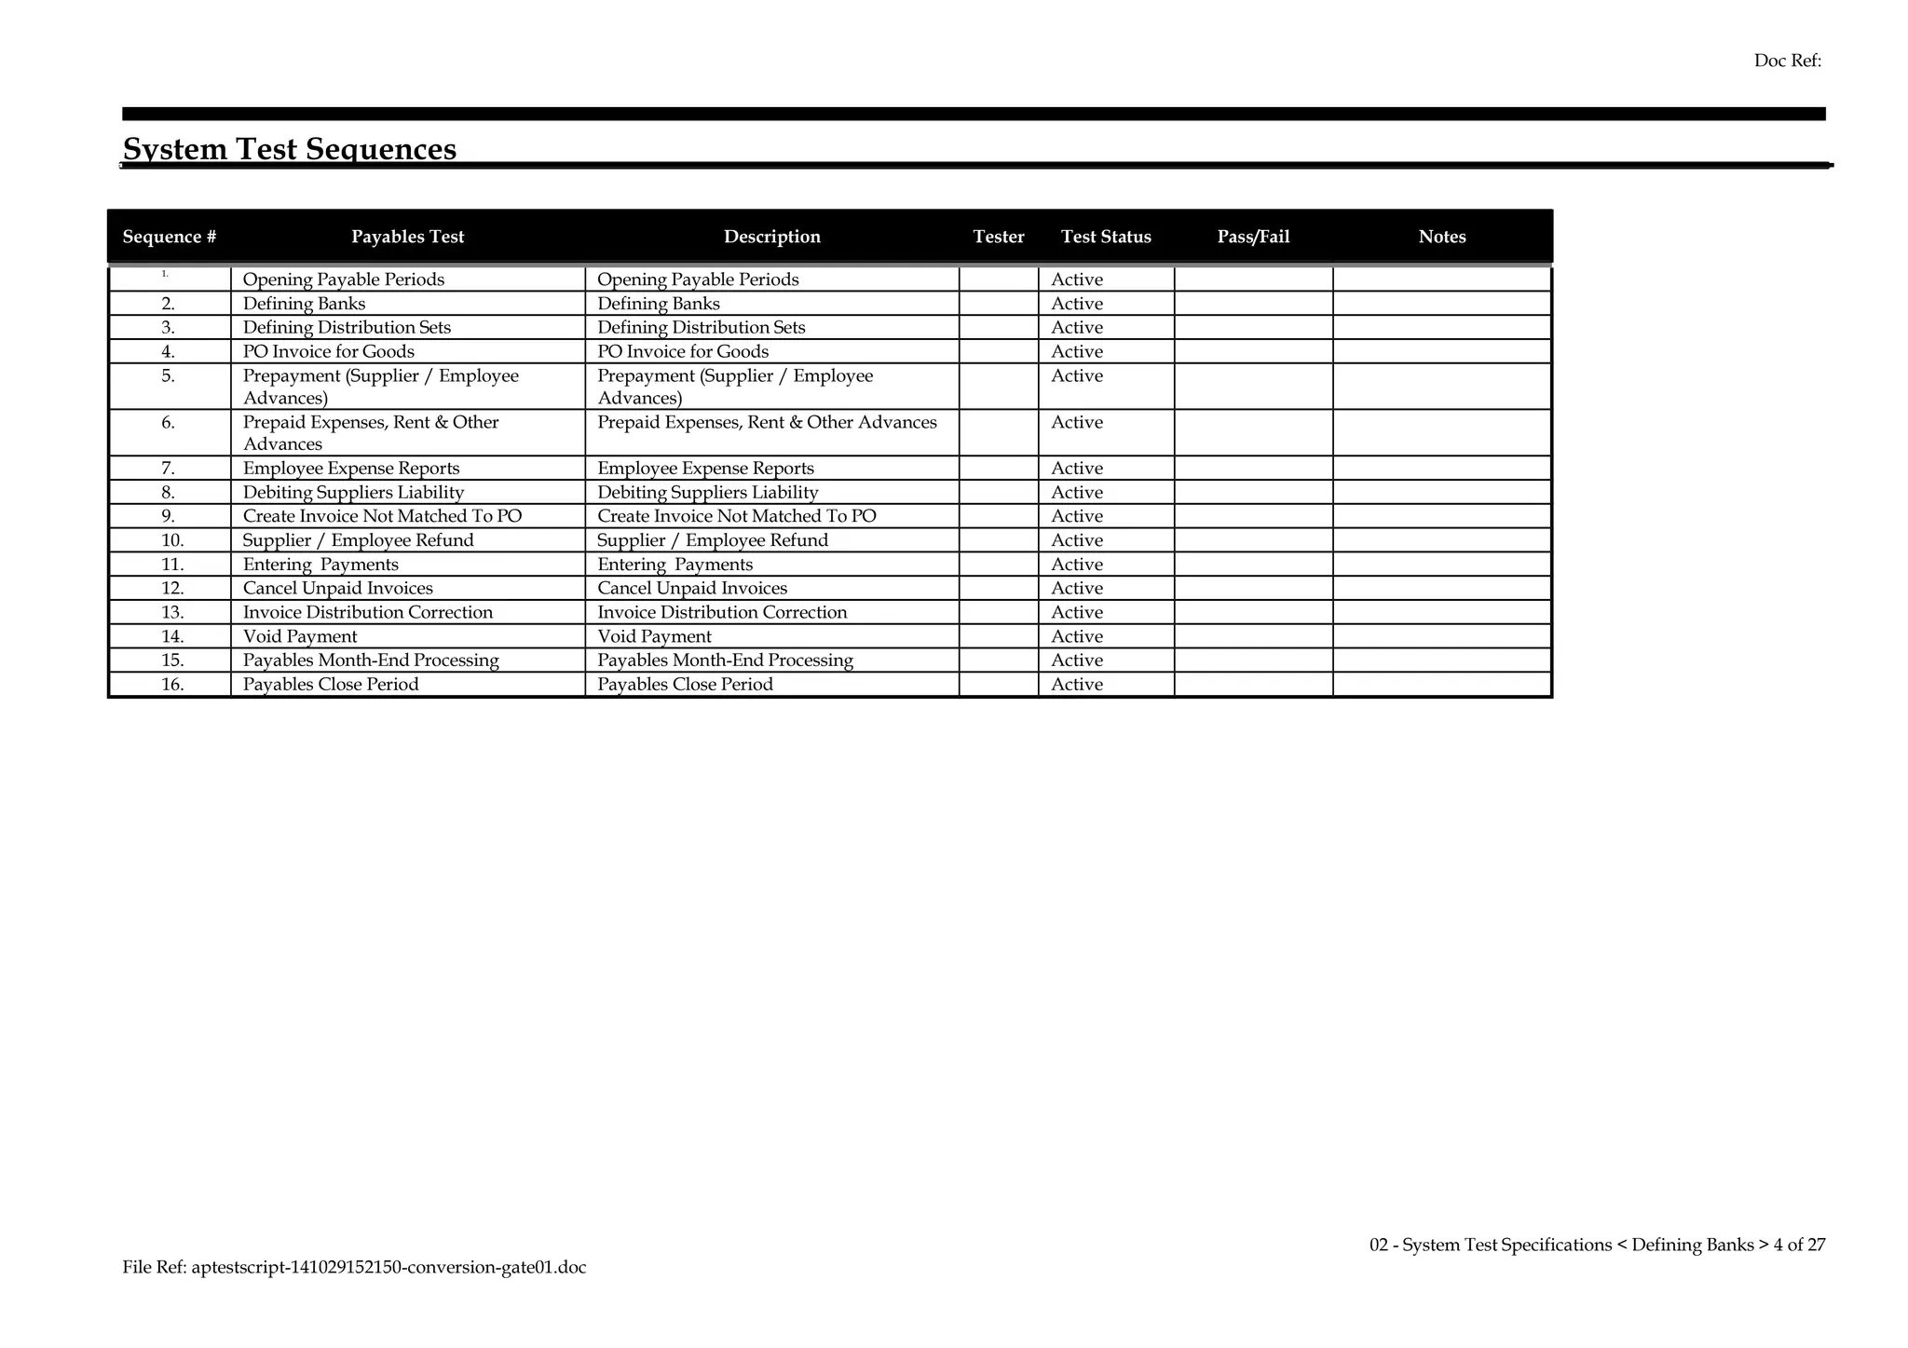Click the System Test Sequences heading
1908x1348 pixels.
pos(290,149)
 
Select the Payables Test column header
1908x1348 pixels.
pos(407,237)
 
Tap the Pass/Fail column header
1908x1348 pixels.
pos(1253,237)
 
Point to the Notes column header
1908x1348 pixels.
pos(1442,237)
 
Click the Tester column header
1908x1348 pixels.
pos(999,237)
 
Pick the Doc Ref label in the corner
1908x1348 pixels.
pos(1787,61)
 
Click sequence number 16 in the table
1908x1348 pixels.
pos(172,685)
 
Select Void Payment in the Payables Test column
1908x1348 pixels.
pos(300,636)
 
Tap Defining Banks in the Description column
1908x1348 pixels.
pos(658,304)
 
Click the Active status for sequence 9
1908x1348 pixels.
pos(1076,516)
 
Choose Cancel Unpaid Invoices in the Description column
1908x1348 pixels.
pos(691,588)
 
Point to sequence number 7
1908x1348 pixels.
pos(169,469)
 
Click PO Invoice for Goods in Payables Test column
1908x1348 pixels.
pos(328,351)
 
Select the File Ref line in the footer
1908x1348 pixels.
pos(354,1267)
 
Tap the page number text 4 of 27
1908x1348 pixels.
pos(1799,1245)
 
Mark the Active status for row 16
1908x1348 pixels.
pos(1076,685)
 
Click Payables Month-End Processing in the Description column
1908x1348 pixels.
pos(725,660)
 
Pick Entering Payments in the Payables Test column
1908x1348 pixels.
pos(320,565)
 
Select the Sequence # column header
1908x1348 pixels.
pos(170,237)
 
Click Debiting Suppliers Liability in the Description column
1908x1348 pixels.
pos(707,493)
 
